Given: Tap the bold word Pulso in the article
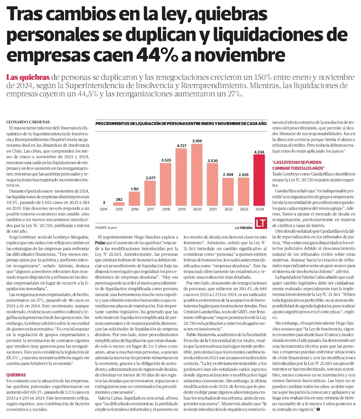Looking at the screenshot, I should point(104,243).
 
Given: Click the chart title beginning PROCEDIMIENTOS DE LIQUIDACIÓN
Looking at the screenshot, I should point(180,124).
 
